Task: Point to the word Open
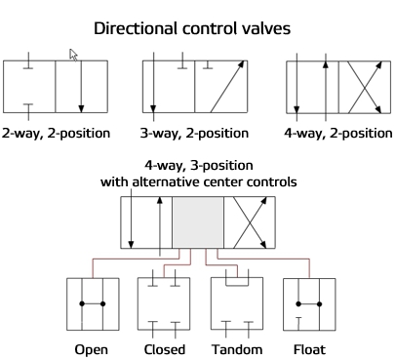click(92, 348)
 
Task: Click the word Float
click(307, 348)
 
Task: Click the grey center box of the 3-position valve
click(198, 222)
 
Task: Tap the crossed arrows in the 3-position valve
click(250, 222)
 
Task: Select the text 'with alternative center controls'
click(197, 181)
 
